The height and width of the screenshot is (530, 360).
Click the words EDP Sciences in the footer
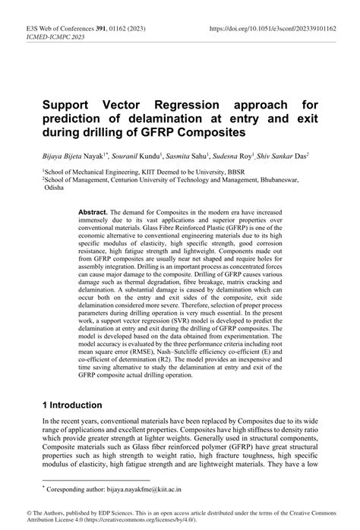(105, 514)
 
